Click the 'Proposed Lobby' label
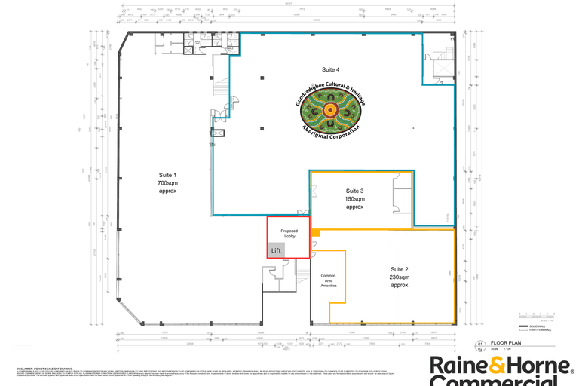(x=289, y=233)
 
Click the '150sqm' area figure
(x=354, y=198)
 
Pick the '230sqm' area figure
(x=399, y=277)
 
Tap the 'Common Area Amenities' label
(x=328, y=280)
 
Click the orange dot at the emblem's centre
(x=329, y=112)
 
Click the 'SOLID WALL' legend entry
(x=540, y=325)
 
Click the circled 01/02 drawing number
(x=478, y=346)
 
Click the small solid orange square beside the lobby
(x=317, y=232)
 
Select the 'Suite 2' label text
(x=399, y=269)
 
